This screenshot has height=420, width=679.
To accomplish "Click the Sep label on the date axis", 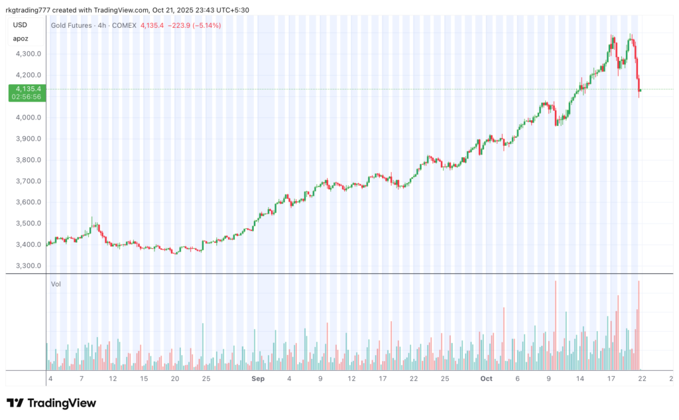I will tap(257, 379).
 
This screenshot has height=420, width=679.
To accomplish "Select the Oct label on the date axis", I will tap(486, 379).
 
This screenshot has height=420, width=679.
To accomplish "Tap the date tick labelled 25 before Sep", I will tap(206, 379).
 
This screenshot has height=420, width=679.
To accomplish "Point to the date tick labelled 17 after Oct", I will tap(611, 379).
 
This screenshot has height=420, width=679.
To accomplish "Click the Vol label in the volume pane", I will tap(56, 284).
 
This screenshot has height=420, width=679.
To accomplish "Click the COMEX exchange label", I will tap(125, 25).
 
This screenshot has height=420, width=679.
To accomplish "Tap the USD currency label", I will tap(20, 25).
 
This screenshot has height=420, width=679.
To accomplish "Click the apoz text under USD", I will tap(21, 38).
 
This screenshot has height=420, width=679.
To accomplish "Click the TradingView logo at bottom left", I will tap(51, 403).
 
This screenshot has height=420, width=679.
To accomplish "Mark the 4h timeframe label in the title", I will tap(102, 25).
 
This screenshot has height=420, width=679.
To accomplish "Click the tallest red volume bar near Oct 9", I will tap(556, 325).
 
